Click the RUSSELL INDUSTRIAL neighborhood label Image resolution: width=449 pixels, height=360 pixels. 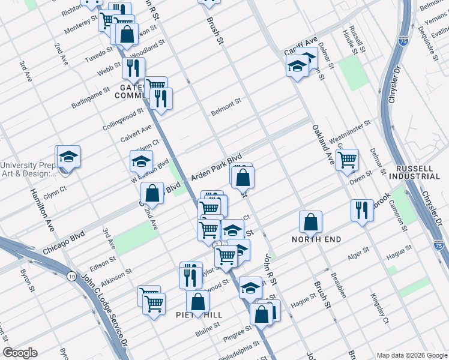(x=414, y=172)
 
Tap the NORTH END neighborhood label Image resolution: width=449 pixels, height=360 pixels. (x=316, y=239)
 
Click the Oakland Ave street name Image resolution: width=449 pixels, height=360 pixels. (x=322, y=145)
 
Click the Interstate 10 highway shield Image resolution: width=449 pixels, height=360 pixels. (x=72, y=277)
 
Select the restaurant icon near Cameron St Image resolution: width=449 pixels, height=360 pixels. (x=361, y=210)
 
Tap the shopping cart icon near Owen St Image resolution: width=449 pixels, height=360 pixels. (x=347, y=159)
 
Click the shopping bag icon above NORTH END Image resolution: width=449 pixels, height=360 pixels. (x=310, y=221)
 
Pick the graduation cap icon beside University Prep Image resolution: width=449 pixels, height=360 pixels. (x=68, y=157)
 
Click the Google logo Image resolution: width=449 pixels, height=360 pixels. (x=20, y=353)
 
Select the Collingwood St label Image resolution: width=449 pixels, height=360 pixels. (x=123, y=116)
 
